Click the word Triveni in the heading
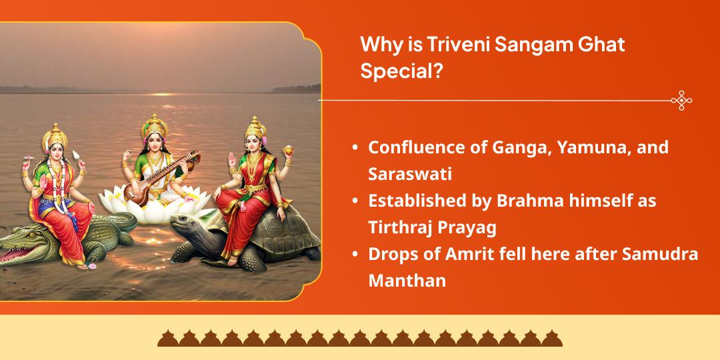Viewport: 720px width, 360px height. click(443, 46)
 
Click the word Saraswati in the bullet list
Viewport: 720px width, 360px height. click(410, 174)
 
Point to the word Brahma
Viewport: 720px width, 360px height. click(526, 201)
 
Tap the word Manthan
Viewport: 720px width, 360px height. click(407, 281)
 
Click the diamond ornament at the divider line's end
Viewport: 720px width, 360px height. click(681, 100)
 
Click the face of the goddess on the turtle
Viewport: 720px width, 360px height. click(253, 143)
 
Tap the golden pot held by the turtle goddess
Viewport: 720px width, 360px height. click(289, 149)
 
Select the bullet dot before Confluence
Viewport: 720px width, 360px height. click(355, 148)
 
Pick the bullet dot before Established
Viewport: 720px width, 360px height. click(355, 201)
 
